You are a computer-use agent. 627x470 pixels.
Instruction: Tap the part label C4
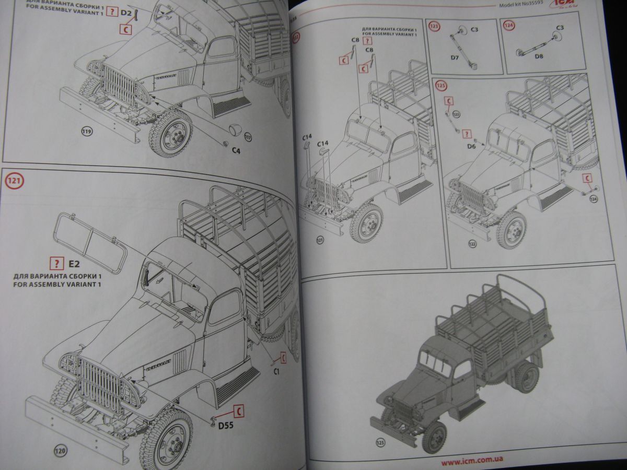click(236, 150)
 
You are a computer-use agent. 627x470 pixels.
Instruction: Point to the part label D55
click(226, 426)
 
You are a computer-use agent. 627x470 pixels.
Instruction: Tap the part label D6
click(471, 147)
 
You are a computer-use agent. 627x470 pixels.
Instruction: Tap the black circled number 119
click(87, 131)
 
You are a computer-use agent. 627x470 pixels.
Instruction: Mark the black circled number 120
click(61, 450)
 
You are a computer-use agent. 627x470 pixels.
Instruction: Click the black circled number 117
click(248, 137)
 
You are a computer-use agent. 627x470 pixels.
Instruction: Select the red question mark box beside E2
click(54, 263)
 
